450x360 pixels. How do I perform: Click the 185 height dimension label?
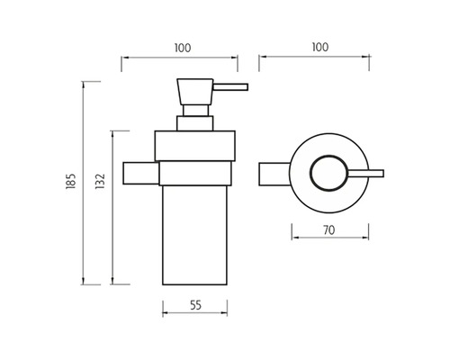(70, 181)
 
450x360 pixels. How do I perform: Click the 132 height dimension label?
(100, 181)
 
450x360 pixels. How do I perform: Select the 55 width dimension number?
(196, 305)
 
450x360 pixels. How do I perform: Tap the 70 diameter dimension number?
(329, 230)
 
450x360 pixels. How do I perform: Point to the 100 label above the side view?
(183, 48)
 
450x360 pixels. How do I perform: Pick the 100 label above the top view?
(320, 47)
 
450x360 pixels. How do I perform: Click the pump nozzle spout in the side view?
(230, 87)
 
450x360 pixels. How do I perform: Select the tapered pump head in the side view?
(195, 92)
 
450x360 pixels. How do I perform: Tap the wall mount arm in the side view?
(141, 173)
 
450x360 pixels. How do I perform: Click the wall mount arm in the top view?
(274, 174)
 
